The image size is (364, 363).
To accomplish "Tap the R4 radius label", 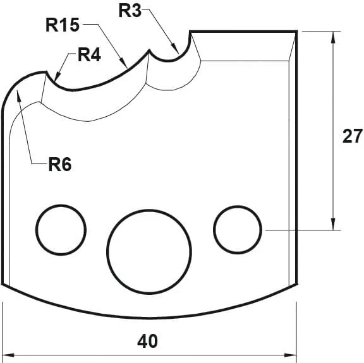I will [89, 55].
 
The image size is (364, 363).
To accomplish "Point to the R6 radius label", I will [60, 165].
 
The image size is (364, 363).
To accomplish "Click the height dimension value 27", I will [352, 136].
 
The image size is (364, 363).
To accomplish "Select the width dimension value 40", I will [147, 342].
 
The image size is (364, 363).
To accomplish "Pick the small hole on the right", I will [238, 228].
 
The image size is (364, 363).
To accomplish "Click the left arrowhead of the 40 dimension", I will [8, 355].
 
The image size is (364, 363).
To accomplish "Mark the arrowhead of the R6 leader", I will [19, 93].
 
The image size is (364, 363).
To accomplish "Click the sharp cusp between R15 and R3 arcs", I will [149, 51].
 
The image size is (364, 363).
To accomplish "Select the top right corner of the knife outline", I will [296, 30].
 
